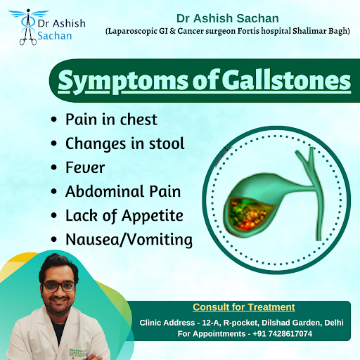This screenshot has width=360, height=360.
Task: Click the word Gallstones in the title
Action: (x=286, y=81)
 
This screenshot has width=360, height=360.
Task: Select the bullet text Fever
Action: (x=85, y=167)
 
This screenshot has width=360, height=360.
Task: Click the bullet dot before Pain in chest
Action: (x=54, y=120)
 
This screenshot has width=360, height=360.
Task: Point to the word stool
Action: (x=167, y=143)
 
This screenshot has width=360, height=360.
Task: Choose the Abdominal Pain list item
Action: (x=123, y=191)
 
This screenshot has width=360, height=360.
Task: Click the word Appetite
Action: (x=153, y=216)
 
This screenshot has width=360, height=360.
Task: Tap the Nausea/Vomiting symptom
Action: (x=129, y=240)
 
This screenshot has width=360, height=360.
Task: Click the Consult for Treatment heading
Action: (x=244, y=307)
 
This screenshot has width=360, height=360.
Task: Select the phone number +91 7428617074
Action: (x=283, y=333)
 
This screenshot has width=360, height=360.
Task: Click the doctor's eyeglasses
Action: (x=58, y=287)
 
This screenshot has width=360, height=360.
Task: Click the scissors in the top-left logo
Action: (x=28, y=37)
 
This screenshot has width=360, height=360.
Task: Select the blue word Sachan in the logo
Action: (x=55, y=36)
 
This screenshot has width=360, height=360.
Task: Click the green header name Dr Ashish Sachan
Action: (x=228, y=18)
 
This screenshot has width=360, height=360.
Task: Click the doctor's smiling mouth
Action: (x=59, y=300)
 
